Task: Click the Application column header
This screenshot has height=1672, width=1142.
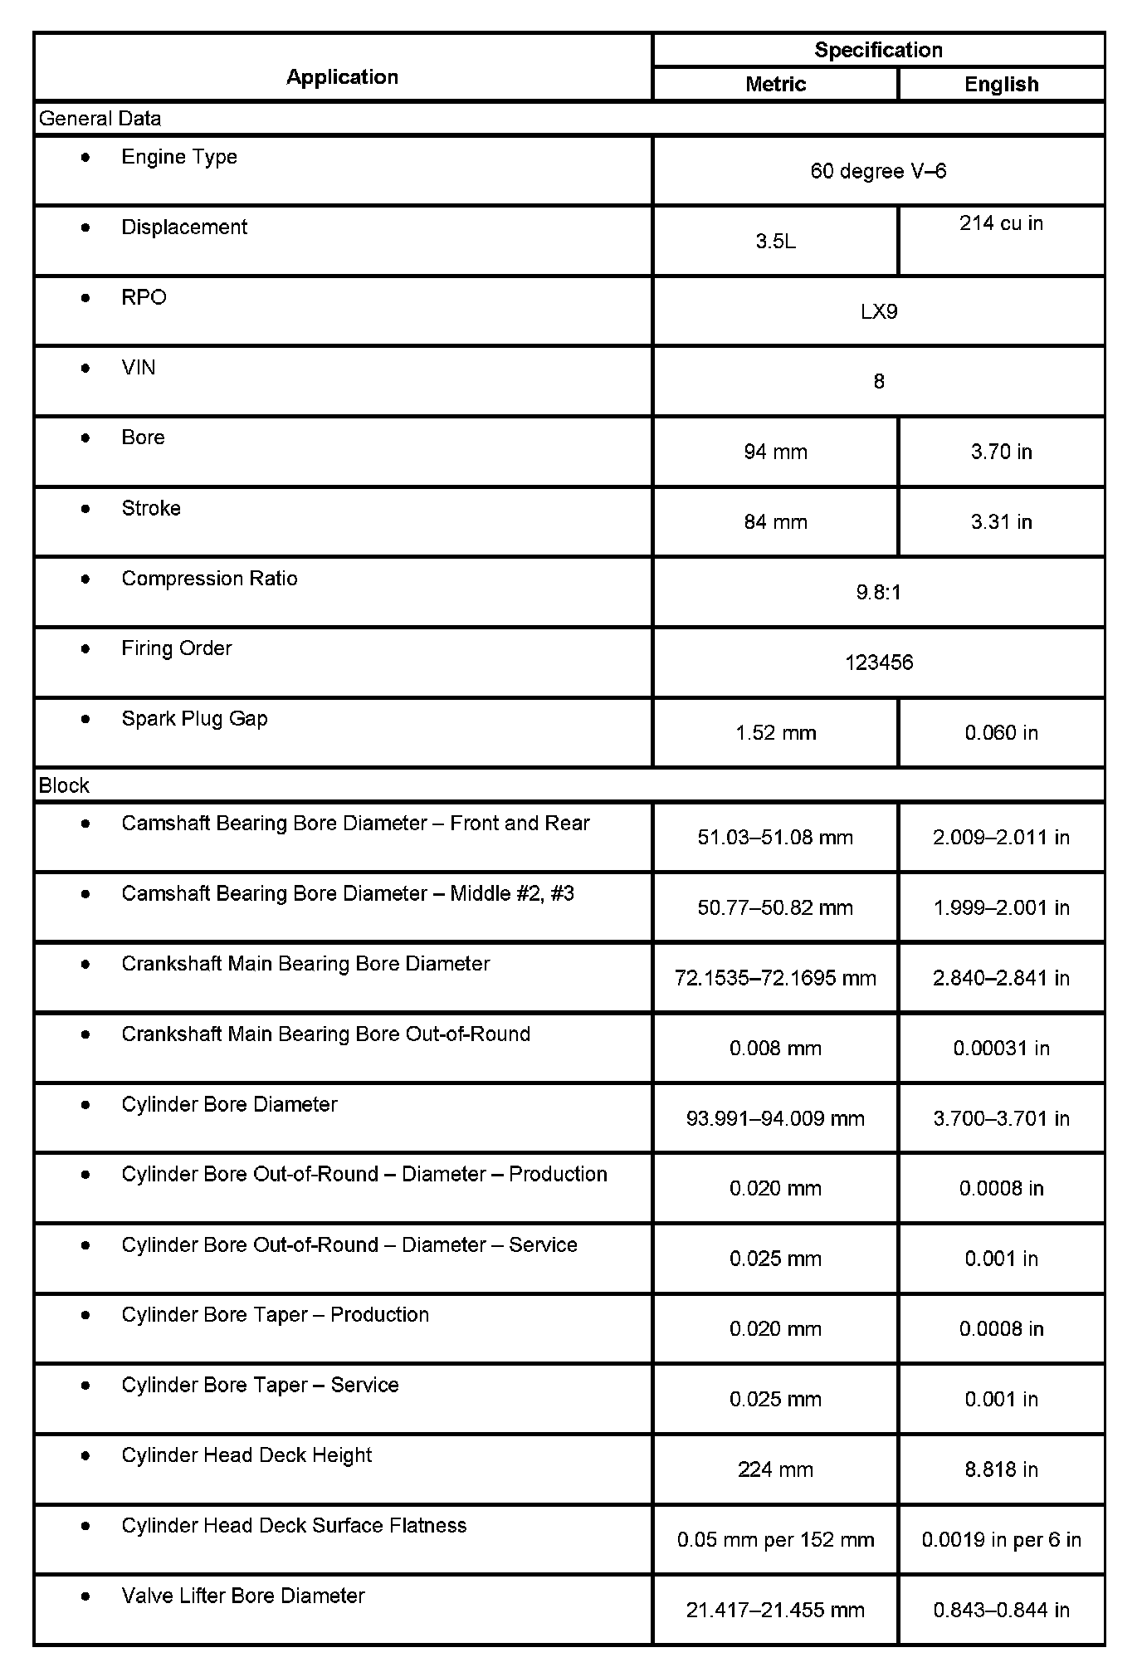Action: coord(342,77)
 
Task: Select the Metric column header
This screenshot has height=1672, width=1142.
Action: coord(775,84)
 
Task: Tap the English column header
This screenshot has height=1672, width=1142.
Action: coord(1001,84)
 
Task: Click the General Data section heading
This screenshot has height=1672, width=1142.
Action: coord(100,119)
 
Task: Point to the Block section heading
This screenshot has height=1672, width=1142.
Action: coord(64,785)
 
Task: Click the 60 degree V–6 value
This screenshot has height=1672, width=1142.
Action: coord(878,171)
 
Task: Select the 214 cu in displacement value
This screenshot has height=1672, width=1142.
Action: coord(1001,223)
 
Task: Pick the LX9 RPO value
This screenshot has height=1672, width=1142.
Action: coord(878,312)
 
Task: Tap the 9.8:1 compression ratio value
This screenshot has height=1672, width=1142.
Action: coord(878,593)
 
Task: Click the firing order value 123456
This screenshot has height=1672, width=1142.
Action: coord(878,662)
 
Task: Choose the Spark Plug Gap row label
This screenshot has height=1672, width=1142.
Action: coord(194,719)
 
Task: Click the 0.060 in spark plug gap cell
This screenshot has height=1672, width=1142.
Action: coord(1001,733)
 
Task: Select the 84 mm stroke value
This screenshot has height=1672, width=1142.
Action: coord(775,522)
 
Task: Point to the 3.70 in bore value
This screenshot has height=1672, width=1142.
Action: coord(1001,452)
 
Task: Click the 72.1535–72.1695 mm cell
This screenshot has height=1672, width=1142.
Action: coord(775,978)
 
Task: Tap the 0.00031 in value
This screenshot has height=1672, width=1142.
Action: coord(1001,1049)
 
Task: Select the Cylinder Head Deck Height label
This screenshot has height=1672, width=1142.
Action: coord(246,1455)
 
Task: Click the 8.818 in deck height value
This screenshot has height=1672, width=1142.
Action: coord(1001,1469)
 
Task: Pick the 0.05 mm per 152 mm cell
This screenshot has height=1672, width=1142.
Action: coord(775,1540)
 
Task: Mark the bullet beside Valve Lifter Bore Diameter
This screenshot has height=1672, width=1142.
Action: coord(85,1596)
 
